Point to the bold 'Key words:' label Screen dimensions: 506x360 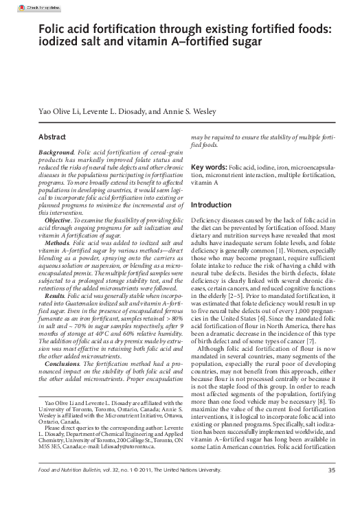click(x=209, y=167)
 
